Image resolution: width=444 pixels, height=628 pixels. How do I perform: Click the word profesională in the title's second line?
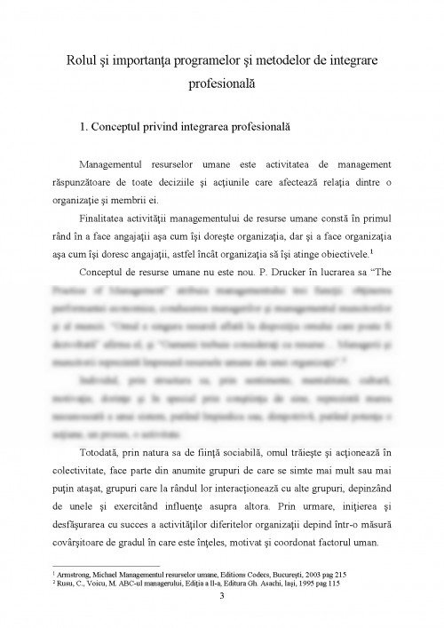pos(221,84)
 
